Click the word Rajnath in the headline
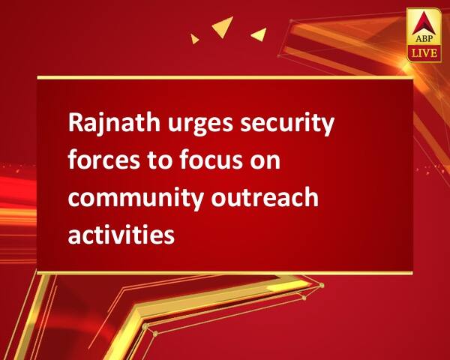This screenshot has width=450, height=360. pos(114,124)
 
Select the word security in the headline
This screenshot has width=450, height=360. pos(287,124)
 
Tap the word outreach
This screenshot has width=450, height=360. pos(265,196)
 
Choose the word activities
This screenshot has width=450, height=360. pos(121,233)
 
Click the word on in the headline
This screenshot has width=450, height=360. pos(265,162)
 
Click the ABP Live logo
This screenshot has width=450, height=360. pos(424,35)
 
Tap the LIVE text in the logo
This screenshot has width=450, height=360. pos(424,53)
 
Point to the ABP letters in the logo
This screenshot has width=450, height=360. pos(424,38)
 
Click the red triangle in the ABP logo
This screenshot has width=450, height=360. pos(423,24)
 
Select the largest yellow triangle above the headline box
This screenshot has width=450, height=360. pos(223,25)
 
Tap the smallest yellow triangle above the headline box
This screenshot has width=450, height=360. pos(194,39)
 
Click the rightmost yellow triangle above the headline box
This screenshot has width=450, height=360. pos(260,34)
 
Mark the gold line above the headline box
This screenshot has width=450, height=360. pos(225,77)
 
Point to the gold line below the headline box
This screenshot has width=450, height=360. pos(225,273)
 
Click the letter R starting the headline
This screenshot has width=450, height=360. pos(75,124)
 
